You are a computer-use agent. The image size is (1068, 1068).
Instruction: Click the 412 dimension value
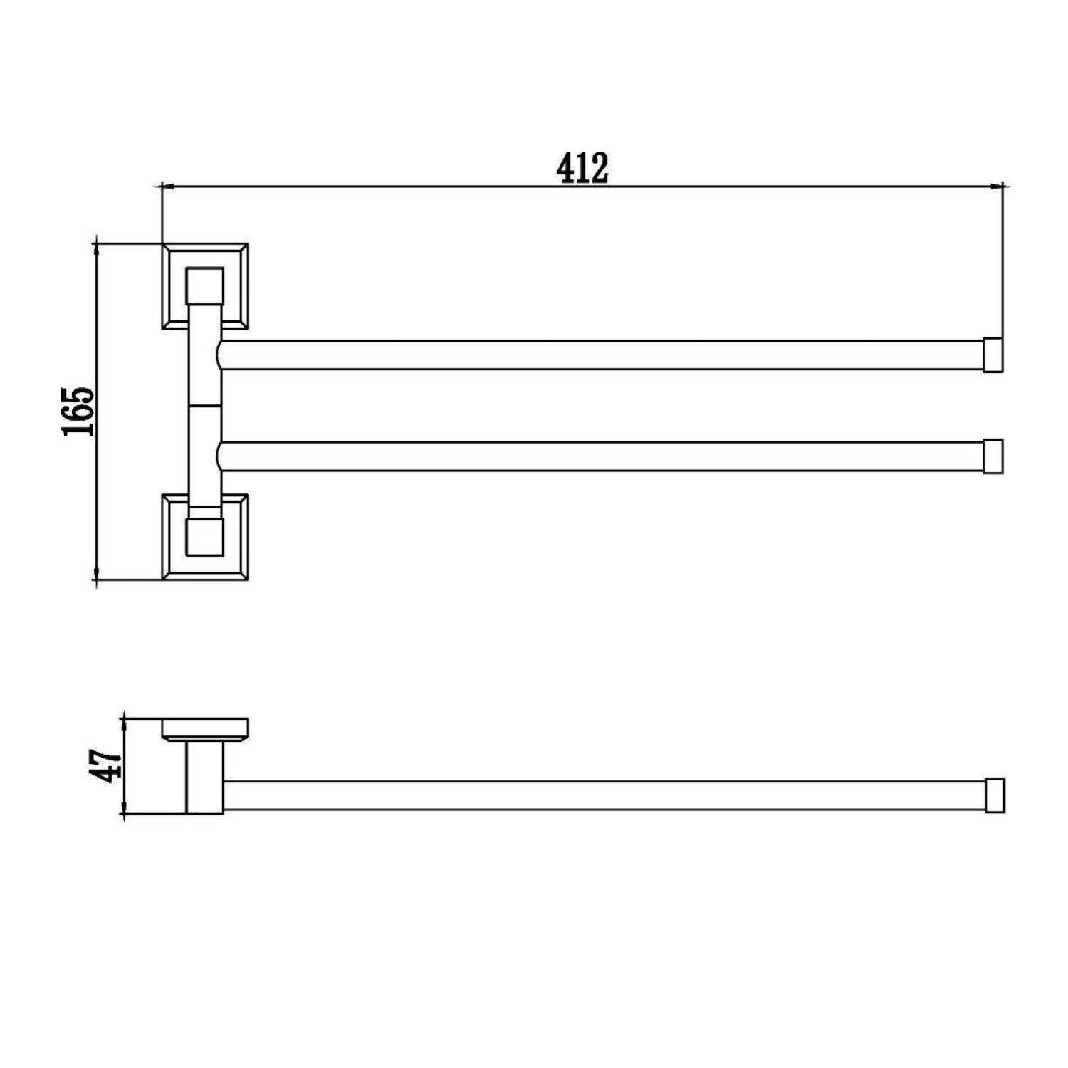tap(582, 167)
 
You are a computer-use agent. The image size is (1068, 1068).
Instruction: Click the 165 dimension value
tap(78, 412)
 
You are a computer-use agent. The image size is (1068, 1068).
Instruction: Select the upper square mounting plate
tap(205, 286)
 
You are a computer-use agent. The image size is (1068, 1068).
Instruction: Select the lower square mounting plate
tap(205, 537)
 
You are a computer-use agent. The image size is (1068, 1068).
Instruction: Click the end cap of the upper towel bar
tap(993, 355)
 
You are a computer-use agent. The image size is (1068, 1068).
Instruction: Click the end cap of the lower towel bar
tap(993, 456)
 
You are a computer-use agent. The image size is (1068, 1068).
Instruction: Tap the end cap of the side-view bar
tap(995, 795)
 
